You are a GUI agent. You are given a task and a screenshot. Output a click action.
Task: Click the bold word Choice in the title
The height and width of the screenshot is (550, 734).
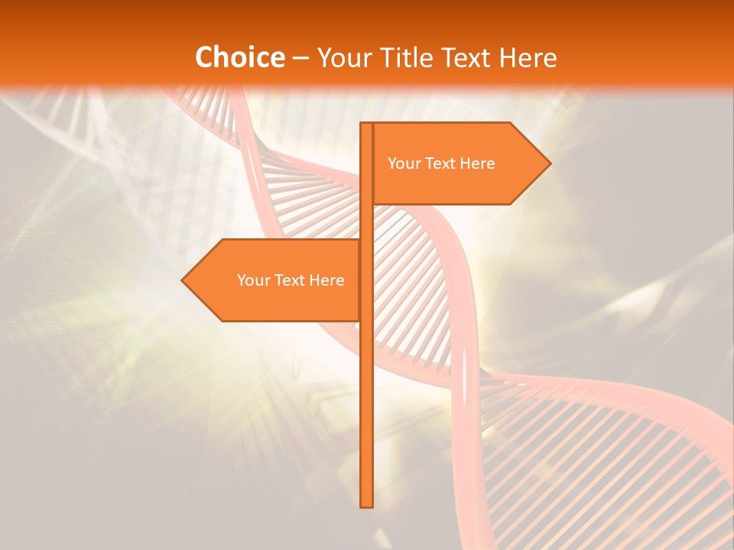pyautogui.click(x=239, y=57)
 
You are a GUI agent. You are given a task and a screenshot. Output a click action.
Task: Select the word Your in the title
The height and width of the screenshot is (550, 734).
pyautogui.click(x=344, y=57)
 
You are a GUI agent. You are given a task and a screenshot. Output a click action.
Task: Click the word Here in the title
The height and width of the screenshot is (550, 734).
pyautogui.click(x=528, y=57)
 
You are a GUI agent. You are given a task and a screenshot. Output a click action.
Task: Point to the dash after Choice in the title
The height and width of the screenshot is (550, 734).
pyautogui.click(x=300, y=58)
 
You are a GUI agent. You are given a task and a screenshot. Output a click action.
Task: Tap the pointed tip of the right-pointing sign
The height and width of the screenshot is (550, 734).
pyautogui.click(x=550, y=163)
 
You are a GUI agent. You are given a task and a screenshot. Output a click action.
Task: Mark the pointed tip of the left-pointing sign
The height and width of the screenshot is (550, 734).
pyautogui.click(x=182, y=280)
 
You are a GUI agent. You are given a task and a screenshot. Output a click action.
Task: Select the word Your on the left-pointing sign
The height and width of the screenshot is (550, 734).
pyautogui.click(x=252, y=280)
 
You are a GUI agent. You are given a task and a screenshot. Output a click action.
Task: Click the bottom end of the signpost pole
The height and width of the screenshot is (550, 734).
pyautogui.click(x=367, y=506)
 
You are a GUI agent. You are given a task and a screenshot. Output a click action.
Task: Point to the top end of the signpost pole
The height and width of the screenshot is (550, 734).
pyautogui.click(x=367, y=124)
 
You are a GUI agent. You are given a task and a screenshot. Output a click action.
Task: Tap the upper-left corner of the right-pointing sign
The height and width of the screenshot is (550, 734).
pyautogui.click(x=373, y=124)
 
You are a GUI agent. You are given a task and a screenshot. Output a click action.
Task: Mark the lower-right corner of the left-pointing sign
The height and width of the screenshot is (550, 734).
pyautogui.click(x=359, y=320)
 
